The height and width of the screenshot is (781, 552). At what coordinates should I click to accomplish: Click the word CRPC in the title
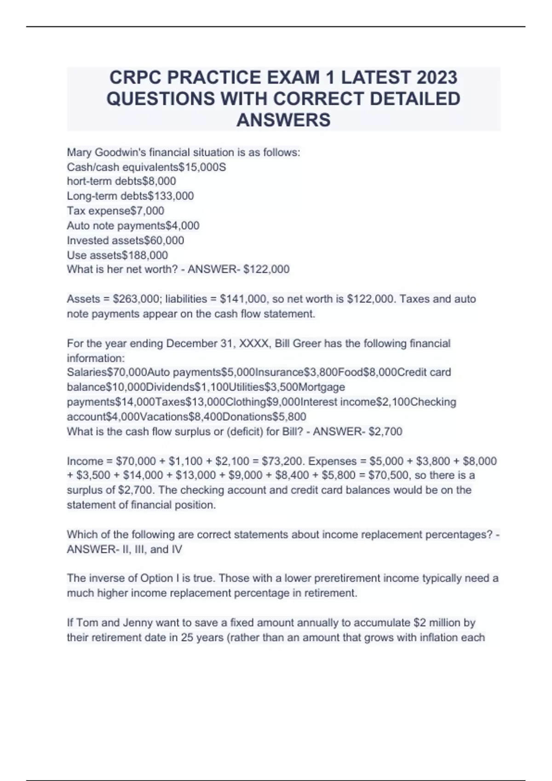[x=135, y=78]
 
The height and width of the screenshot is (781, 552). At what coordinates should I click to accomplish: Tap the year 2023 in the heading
[x=437, y=78]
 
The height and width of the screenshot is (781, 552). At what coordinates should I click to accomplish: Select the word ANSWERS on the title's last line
[x=283, y=120]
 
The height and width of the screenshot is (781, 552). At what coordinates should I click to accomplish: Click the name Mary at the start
[x=79, y=153]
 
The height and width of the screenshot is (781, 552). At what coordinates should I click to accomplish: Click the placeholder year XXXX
[x=252, y=344]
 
